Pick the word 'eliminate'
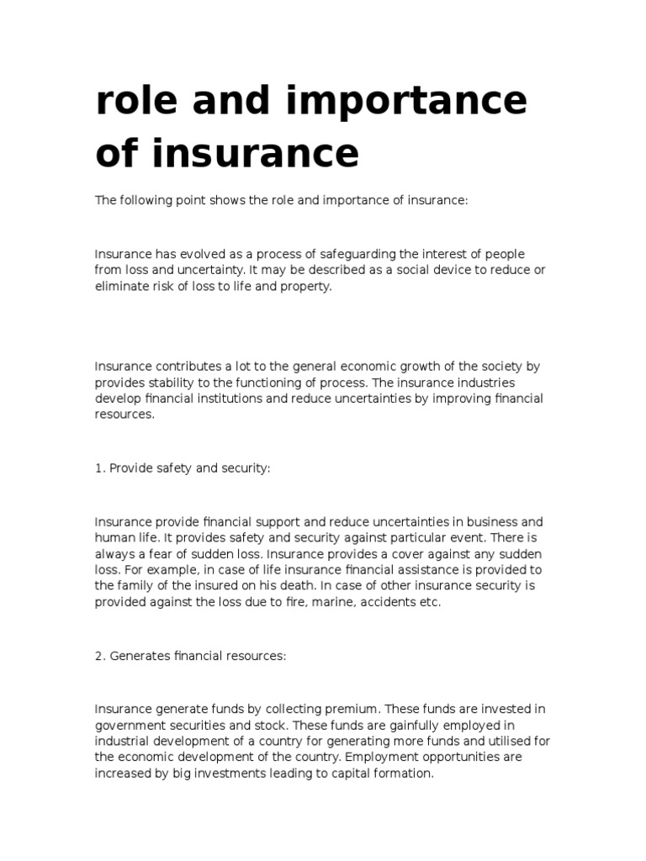[x=123, y=286]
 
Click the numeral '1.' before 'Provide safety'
[x=100, y=467]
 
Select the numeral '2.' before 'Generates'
[x=100, y=656]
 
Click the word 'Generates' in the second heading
[x=140, y=656]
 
